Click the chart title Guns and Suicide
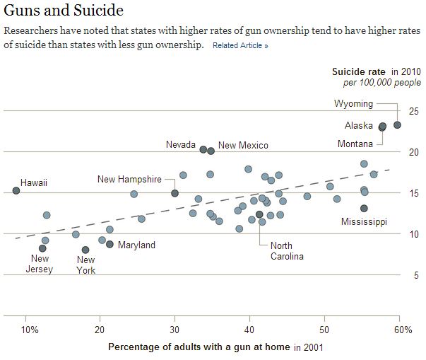coord(64,11)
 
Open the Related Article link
coord(240,46)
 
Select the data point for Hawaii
coord(16,191)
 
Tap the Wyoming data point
coord(397,125)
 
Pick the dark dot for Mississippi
coord(364,209)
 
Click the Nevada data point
coord(203,150)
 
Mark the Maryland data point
coord(110,245)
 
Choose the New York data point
coord(85,250)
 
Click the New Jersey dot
coord(42,248)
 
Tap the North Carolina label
coord(287,251)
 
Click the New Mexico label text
coord(243,146)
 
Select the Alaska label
coord(358,126)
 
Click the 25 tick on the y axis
coord(413,111)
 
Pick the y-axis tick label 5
coord(416,274)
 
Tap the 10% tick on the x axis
coord(30,330)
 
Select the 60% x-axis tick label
coord(401,330)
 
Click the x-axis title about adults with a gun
coord(199,347)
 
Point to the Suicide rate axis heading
coord(359,72)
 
